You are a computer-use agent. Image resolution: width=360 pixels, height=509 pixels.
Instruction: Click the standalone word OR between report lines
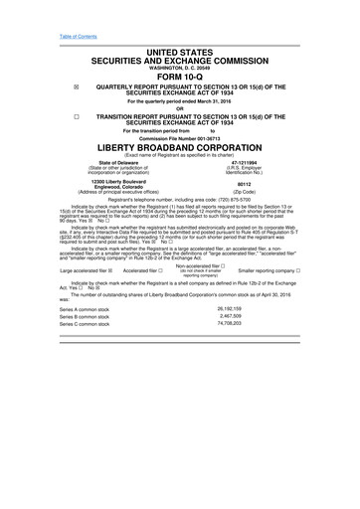(180, 108)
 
